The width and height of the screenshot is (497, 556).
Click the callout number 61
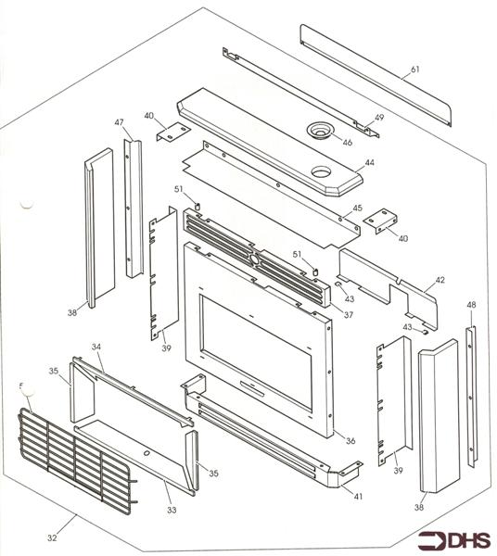point(414,70)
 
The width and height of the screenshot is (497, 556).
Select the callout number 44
point(369,162)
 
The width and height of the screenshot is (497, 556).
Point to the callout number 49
point(378,118)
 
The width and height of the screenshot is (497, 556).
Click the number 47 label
point(120,123)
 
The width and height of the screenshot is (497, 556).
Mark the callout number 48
point(471,305)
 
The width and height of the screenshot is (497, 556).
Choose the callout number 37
point(349,315)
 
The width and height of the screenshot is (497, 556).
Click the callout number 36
point(350,439)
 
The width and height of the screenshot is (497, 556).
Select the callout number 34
point(95,347)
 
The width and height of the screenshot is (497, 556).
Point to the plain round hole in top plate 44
point(322,171)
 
